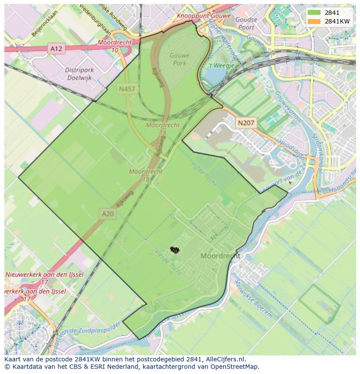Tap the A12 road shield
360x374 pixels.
(x=56, y=49)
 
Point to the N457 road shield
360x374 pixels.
(x=127, y=89)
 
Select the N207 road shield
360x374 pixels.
(x=246, y=123)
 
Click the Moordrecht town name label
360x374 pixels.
(x=220, y=256)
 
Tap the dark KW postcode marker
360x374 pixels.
(x=175, y=250)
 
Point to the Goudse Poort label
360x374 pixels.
(x=246, y=23)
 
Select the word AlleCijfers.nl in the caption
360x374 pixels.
(x=225, y=359)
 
